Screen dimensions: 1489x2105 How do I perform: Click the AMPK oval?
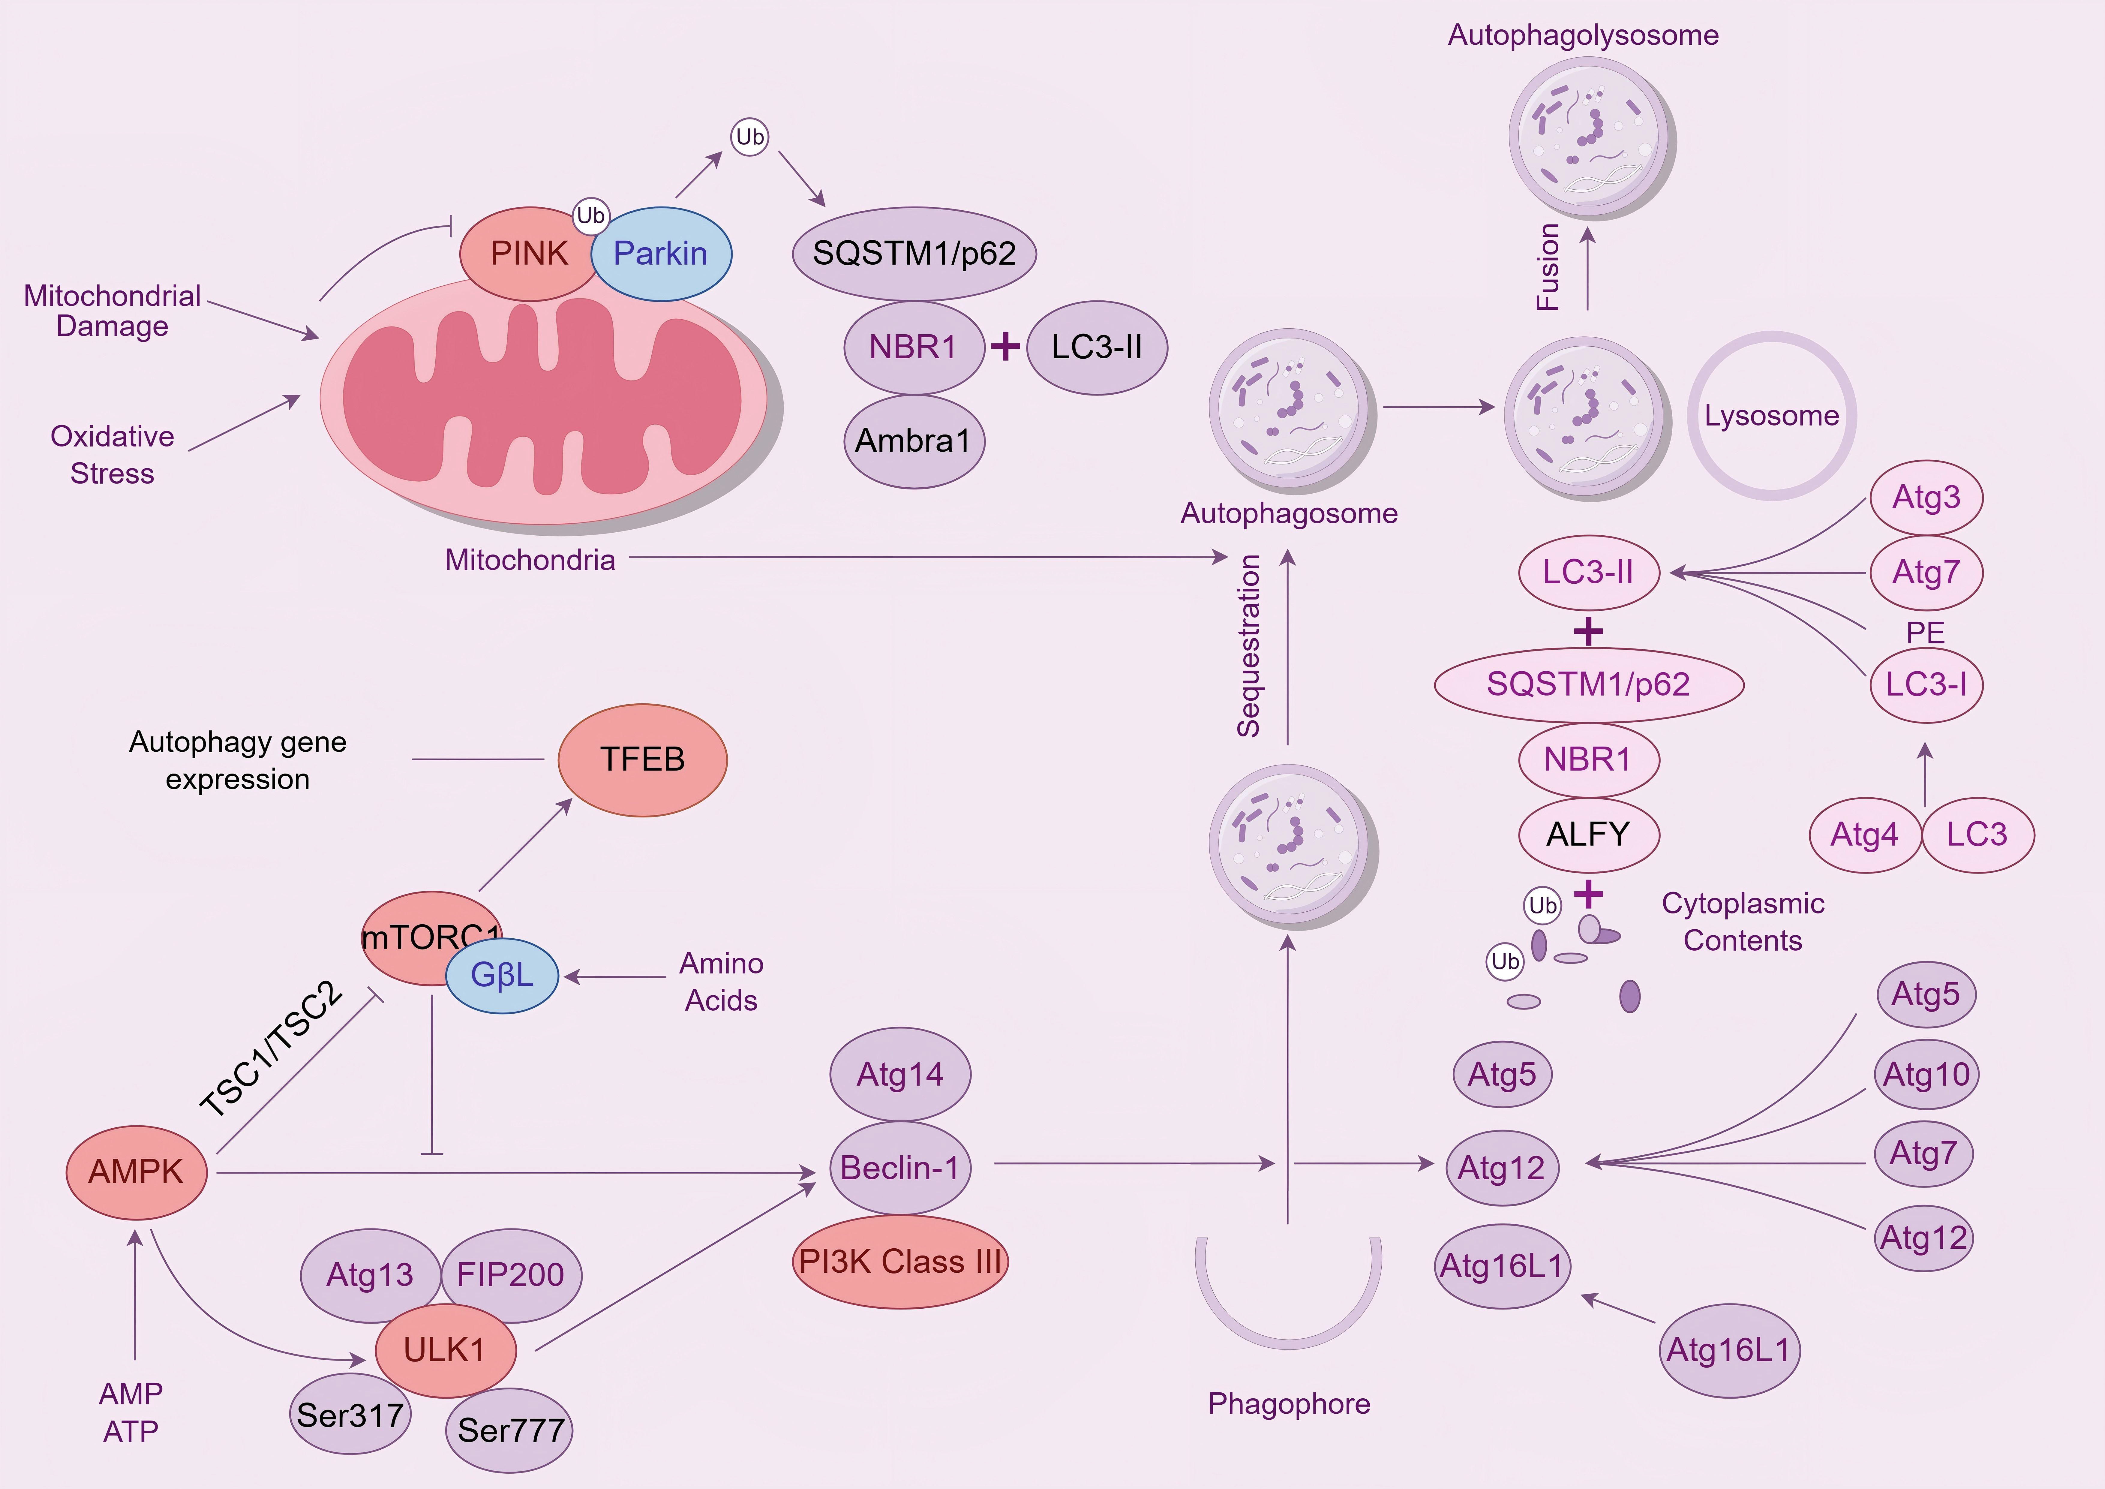[136, 1172]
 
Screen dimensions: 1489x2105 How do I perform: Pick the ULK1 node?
[445, 1350]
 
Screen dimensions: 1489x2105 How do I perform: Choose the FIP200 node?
[511, 1274]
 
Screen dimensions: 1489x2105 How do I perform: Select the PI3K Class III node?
[899, 1262]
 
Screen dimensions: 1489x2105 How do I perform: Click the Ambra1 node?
[913, 441]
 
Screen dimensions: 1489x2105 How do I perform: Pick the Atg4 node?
[1864, 834]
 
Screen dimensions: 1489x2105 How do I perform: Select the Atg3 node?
[1926, 497]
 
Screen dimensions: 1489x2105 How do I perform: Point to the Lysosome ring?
[1771, 415]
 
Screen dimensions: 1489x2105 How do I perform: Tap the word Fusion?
[1548, 267]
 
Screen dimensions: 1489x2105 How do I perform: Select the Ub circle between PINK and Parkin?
[590, 215]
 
